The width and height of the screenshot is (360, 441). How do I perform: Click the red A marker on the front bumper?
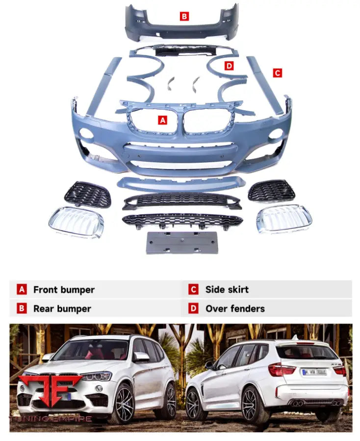tap(162, 120)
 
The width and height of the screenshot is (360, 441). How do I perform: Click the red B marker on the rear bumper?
tap(184, 17)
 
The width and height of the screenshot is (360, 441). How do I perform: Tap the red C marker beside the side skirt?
tap(277, 73)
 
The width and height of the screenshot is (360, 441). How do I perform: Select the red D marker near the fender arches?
tap(229, 66)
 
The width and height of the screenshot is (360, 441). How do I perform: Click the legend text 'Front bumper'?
tap(64, 290)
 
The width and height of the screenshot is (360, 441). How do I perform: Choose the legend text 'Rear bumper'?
tap(62, 309)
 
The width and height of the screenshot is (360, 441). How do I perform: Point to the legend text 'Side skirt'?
tap(227, 290)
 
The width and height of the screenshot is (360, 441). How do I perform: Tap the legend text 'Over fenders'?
tap(234, 309)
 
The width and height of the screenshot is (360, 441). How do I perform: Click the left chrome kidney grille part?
tap(76, 221)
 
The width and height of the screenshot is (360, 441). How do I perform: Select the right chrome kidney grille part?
tap(284, 218)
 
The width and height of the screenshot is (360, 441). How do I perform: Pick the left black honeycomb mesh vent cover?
tap(88, 195)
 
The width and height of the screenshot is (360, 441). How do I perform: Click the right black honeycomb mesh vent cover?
tap(271, 191)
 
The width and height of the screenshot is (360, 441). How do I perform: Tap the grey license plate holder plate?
tap(181, 243)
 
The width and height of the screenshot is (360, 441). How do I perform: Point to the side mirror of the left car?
tap(141, 356)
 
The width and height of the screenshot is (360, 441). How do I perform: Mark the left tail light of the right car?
tap(281, 370)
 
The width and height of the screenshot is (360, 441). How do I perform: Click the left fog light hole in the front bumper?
tap(87, 133)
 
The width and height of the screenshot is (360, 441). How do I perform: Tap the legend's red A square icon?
tap(22, 290)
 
